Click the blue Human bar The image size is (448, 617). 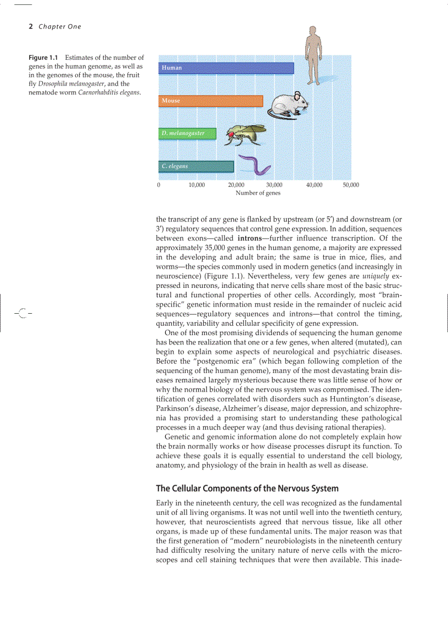pos(226,68)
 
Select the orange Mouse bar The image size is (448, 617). pos(211,101)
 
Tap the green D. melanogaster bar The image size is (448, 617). pos(188,134)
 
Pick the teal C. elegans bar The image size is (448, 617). pos(196,166)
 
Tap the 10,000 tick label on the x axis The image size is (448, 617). pos(197,185)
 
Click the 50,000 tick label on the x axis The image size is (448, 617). pos(351,185)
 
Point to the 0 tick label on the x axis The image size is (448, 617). pos(159,185)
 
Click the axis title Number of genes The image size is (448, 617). pos(258,193)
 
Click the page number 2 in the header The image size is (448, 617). pos(31,26)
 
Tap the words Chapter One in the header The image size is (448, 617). pos(60,26)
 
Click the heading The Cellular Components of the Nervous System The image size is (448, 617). pos(247,488)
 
